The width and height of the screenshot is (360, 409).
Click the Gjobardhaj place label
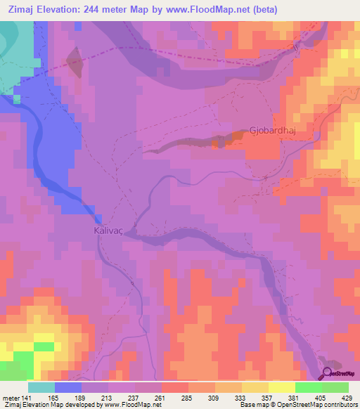[x=270, y=130]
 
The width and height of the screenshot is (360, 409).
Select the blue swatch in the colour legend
[x=67, y=387]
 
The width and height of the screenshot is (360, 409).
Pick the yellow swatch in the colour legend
[x=281, y=387]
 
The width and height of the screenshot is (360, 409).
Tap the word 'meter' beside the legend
[x=12, y=398]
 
